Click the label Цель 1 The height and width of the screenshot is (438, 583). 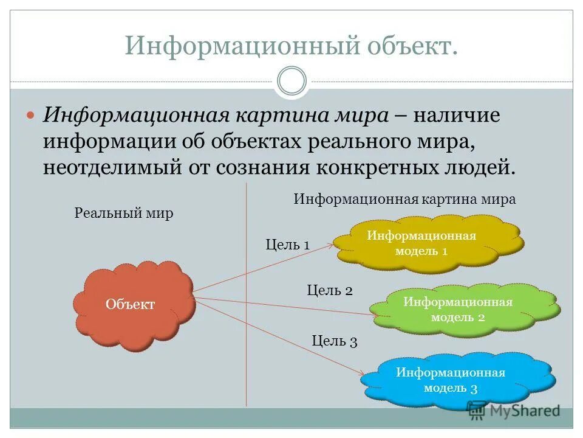pos(288,245)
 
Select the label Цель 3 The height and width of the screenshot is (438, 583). pos(335,341)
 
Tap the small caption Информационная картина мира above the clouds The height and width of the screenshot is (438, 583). pos(404,199)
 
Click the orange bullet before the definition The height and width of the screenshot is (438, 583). pos(31,116)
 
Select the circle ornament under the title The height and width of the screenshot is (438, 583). pos(291,81)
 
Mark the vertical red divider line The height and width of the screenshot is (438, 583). pos(246,304)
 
